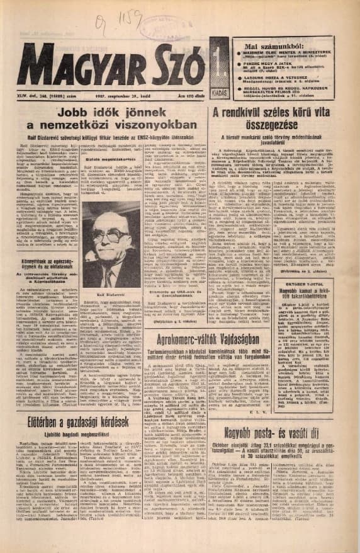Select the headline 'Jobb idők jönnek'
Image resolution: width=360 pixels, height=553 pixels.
coord(118,113)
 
